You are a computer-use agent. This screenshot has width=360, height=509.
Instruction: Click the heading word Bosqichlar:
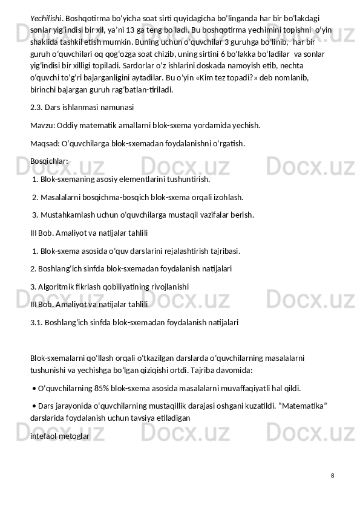49,161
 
